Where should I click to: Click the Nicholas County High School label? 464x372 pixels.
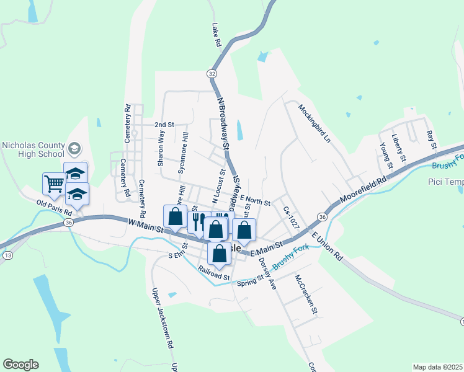[33, 149]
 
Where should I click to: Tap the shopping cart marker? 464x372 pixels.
[54, 184]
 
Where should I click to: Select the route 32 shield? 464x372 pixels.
[212, 73]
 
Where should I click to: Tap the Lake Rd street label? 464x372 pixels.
[216, 36]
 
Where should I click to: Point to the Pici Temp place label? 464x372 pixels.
[445, 182]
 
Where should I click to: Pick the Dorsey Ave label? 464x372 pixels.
[267, 273]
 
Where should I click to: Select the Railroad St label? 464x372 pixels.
[215, 272]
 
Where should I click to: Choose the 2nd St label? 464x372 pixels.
[164, 125]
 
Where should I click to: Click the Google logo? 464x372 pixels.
[20, 365]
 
